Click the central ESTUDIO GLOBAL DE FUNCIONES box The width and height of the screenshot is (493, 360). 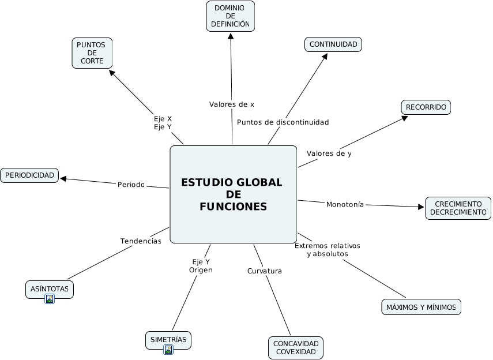point(233,194)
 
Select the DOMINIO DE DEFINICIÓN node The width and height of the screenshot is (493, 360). point(230,16)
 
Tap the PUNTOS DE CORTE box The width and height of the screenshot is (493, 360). point(92,53)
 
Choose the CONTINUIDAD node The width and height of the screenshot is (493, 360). point(333,44)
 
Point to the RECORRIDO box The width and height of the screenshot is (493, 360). point(426,107)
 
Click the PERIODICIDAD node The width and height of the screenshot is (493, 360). point(29,175)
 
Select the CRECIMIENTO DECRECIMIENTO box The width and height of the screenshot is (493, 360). point(458,208)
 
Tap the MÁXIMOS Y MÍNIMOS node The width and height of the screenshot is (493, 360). point(421,307)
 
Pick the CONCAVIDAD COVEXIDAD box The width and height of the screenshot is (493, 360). point(296,348)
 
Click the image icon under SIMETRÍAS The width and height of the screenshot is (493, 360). point(168,350)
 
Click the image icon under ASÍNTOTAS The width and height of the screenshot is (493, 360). point(50,299)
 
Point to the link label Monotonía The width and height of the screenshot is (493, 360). point(345,204)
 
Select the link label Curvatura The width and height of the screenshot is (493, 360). point(264,271)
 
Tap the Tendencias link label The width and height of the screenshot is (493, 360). point(141,241)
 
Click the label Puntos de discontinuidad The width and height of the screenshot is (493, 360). point(283,122)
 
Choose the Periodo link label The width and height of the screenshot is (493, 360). point(131,185)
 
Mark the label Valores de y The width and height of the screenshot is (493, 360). point(329,153)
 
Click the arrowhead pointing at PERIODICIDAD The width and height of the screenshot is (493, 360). point(63,178)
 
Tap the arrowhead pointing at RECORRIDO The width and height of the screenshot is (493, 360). point(405,118)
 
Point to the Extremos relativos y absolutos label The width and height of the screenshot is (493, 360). point(327,250)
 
